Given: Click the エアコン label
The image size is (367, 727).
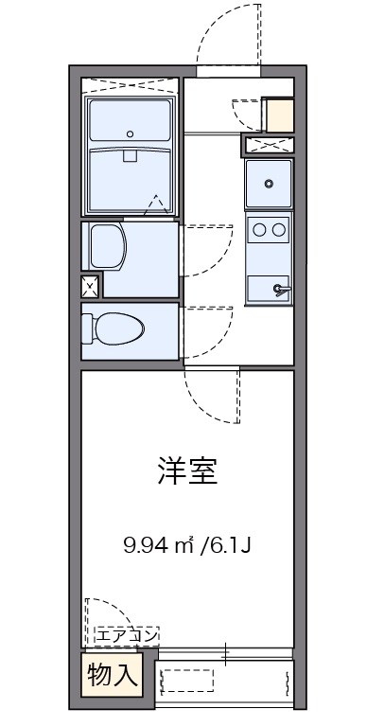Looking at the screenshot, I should click(x=126, y=635).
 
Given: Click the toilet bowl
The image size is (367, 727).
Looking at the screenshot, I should click(x=114, y=328).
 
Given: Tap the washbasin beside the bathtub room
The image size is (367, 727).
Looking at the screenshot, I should click(x=106, y=245).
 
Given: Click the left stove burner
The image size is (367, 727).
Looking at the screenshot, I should click(x=259, y=228).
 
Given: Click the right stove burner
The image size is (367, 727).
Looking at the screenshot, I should click(x=279, y=228).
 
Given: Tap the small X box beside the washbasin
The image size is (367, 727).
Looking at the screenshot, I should click(x=90, y=286).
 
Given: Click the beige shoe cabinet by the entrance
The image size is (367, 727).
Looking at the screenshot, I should click(x=280, y=115).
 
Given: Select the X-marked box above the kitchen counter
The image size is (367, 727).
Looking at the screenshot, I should click(x=269, y=145).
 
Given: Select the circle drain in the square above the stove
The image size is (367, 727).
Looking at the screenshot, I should click(x=270, y=184).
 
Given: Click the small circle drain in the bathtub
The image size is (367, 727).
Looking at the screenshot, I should click(x=131, y=133).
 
